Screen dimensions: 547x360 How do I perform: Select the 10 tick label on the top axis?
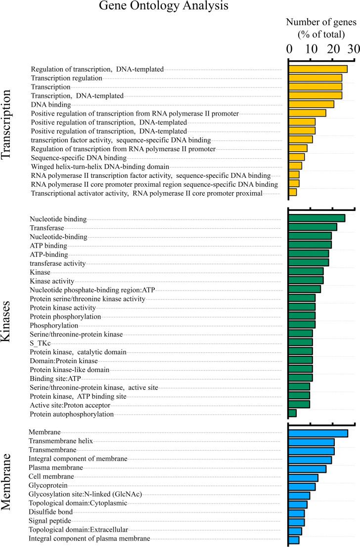coord(310,49)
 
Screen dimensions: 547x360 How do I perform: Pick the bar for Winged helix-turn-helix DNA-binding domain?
coord(295,166)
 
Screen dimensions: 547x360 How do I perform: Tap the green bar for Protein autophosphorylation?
coord(292,413)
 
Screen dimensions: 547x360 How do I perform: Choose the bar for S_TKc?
coord(300,342)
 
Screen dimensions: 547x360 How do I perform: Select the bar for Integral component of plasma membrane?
coord(294,540)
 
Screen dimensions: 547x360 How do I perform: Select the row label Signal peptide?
coord(50,521)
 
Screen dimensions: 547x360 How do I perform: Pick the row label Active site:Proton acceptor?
coord(66,405)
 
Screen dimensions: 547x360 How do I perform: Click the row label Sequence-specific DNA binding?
coord(72,158)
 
